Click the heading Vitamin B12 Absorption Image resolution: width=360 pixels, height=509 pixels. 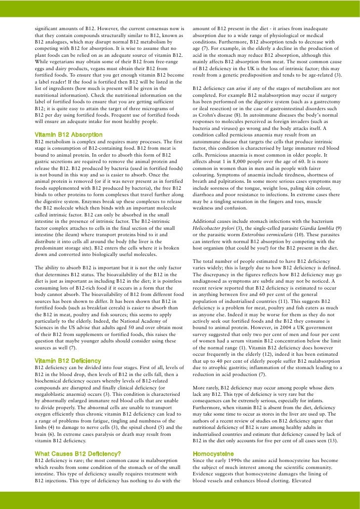click(x=69, y=134)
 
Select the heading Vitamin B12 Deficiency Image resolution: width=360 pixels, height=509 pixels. click(x=68, y=361)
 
